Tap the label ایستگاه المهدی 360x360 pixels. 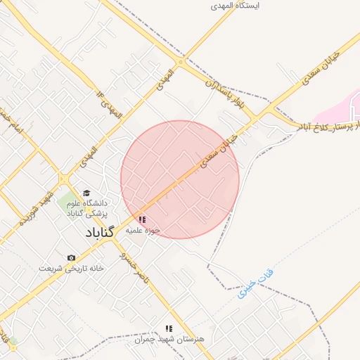[x=236, y=6]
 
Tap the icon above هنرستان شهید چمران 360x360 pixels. [x=168, y=328]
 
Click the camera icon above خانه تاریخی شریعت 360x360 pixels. [x=71, y=258]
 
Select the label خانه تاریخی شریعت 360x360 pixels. [x=71, y=269]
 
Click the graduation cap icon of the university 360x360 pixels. [x=86, y=193]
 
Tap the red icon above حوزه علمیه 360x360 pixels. [x=143, y=219]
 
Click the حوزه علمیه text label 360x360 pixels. [x=144, y=230]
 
